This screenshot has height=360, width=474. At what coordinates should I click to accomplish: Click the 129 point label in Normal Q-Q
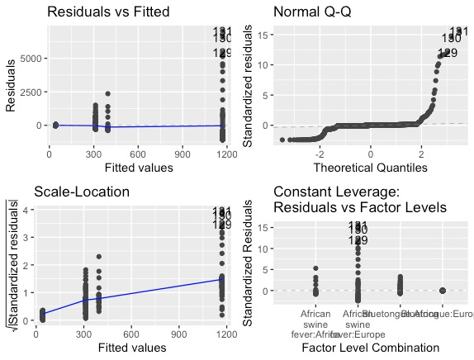(x=447, y=54)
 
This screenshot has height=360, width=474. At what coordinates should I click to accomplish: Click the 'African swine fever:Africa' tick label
(x=315, y=324)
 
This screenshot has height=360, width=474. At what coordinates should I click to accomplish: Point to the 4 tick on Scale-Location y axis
(x=30, y=210)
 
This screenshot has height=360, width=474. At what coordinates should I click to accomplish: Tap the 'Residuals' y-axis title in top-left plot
(x=12, y=85)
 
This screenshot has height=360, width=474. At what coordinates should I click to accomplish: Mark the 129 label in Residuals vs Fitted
(x=223, y=54)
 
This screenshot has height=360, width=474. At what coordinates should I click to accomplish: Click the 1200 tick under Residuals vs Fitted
(x=222, y=153)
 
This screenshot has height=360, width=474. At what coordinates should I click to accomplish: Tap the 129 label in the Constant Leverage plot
(x=358, y=240)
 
